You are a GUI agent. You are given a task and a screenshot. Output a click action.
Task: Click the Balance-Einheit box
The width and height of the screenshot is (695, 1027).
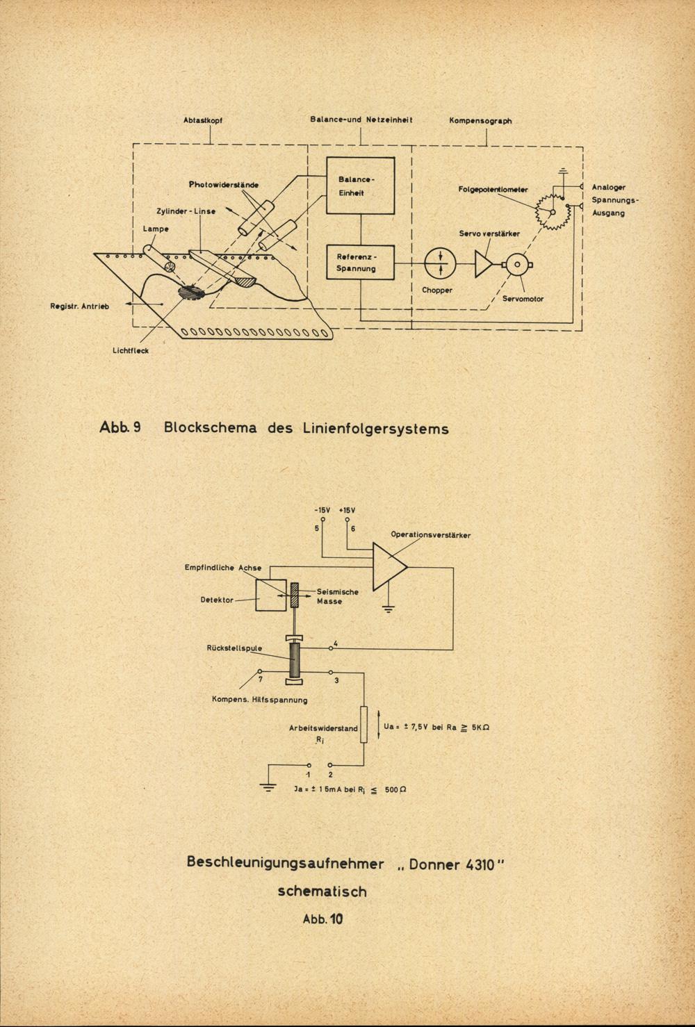pyautogui.click(x=360, y=186)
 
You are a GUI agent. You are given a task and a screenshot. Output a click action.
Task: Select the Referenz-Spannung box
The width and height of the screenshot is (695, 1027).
pyautogui.click(x=360, y=262)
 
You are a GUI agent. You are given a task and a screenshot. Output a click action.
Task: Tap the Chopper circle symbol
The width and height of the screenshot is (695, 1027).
pyautogui.click(x=439, y=263)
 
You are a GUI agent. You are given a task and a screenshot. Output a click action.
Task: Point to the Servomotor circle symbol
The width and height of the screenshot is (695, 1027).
pyautogui.click(x=517, y=263)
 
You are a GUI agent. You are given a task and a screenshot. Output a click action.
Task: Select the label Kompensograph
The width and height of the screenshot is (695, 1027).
pyautogui.click(x=480, y=120)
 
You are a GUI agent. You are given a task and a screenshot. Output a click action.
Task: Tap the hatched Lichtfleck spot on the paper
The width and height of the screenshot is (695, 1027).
pyautogui.click(x=191, y=293)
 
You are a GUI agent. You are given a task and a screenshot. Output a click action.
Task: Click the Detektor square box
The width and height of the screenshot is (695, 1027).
pyautogui.click(x=270, y=594)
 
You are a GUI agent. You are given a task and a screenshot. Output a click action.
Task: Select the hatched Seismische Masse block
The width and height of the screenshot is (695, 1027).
pyautogui.click(x=295, y=594)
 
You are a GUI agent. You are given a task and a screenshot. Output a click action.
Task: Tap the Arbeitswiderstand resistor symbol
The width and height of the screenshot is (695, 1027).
pyautogui.click(x=363, y=725)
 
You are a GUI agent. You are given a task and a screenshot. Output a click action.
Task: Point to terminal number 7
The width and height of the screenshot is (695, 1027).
pyautogui.click(x=259, y=680)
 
